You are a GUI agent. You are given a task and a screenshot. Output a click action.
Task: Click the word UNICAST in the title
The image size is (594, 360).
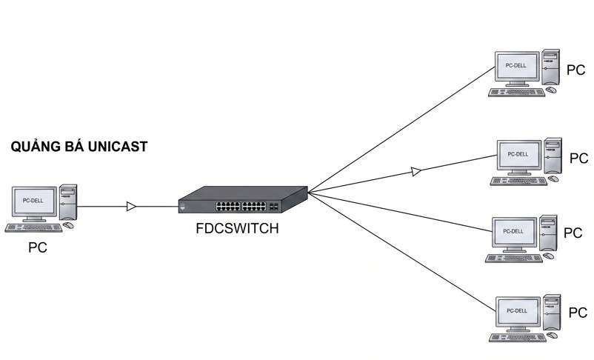(x=118, y=147)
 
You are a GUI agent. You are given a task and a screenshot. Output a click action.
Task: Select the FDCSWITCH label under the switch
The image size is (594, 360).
(x=237, y=228)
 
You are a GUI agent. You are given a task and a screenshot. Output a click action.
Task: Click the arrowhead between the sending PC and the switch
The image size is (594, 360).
(x=131, y=207)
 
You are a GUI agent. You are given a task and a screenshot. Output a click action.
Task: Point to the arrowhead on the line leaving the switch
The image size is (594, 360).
(x=416, y=171)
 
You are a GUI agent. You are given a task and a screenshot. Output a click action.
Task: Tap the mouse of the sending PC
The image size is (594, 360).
(x=68, y=225)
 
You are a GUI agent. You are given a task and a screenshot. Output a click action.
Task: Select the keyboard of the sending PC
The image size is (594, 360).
(x=33, y=227)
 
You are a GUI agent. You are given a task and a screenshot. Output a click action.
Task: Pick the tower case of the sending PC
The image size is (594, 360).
(x=68, y=202)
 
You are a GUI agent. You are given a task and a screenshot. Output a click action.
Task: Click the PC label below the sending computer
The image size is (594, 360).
(x=38, y=247)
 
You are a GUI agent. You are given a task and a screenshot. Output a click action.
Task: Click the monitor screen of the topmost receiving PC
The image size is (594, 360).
(x=516, y=66)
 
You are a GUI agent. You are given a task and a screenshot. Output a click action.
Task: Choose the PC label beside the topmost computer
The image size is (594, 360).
(x=575, y=70)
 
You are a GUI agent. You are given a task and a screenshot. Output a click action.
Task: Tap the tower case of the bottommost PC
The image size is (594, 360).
(x=552, y=313)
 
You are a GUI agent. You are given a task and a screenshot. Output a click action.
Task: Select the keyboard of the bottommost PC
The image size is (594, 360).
(x=517, y=337)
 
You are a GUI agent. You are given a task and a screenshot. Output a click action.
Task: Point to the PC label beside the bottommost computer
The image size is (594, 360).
(x=578, y=313)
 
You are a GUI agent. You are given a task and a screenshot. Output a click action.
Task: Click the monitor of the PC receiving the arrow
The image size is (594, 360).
(x=518, y=156)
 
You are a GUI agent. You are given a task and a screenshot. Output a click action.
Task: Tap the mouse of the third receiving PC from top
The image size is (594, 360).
(x=548, y=256)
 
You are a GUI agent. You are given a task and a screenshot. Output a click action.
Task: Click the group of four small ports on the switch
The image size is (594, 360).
(x=274, y=207)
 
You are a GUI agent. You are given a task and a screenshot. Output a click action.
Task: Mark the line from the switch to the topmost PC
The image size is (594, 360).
(x=401, y=130)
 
